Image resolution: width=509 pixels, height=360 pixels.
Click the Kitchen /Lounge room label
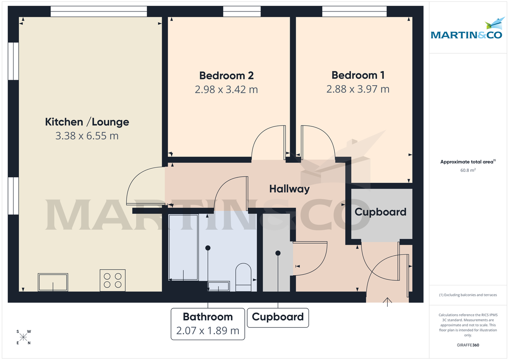point(87,122)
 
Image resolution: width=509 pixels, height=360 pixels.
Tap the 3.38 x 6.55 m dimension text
point(87,136)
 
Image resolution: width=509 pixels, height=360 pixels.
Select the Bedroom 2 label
point(227,75)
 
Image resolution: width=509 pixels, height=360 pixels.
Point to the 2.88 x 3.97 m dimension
point(358,89)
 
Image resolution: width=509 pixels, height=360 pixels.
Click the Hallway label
point(289,189)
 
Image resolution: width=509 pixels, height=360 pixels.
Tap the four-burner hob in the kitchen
point(112,280)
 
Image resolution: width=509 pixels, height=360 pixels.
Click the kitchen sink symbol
point(53,282)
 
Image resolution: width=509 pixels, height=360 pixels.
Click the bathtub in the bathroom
point(183,248)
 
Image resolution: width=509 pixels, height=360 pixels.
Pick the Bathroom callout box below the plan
point(208,324)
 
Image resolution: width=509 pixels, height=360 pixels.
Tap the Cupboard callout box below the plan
point(278,317)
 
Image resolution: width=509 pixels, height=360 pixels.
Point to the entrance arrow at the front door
point(387,301)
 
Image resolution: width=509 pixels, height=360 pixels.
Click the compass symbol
point(23,337)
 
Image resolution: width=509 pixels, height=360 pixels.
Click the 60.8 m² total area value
point(468,170)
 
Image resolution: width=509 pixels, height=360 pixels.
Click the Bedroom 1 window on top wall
point(354,11)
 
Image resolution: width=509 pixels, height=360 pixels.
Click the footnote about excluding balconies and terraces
point(468,295)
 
